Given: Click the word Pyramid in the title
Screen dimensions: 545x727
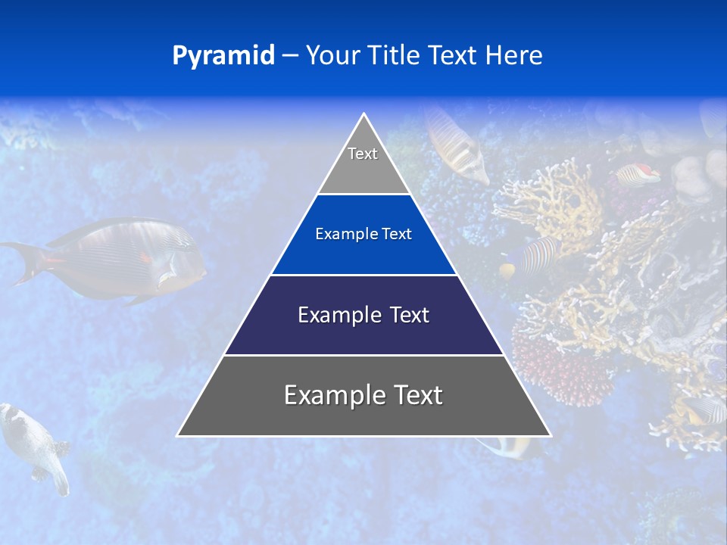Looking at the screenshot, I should (223, 56).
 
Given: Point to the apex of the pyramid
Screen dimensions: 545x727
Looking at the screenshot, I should (364, 115).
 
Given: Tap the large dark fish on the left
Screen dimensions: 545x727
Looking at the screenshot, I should (121, 257).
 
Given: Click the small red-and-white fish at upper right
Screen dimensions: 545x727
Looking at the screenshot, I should (638, 175).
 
